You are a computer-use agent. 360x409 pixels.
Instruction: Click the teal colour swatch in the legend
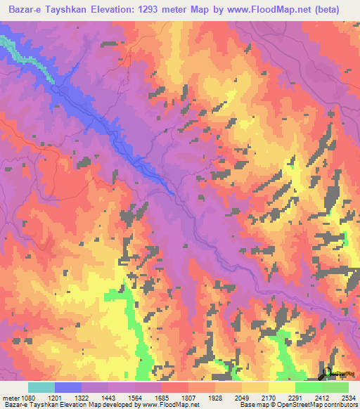[41, 387]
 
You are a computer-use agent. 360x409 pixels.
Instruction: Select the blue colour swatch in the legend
[67, 387]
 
